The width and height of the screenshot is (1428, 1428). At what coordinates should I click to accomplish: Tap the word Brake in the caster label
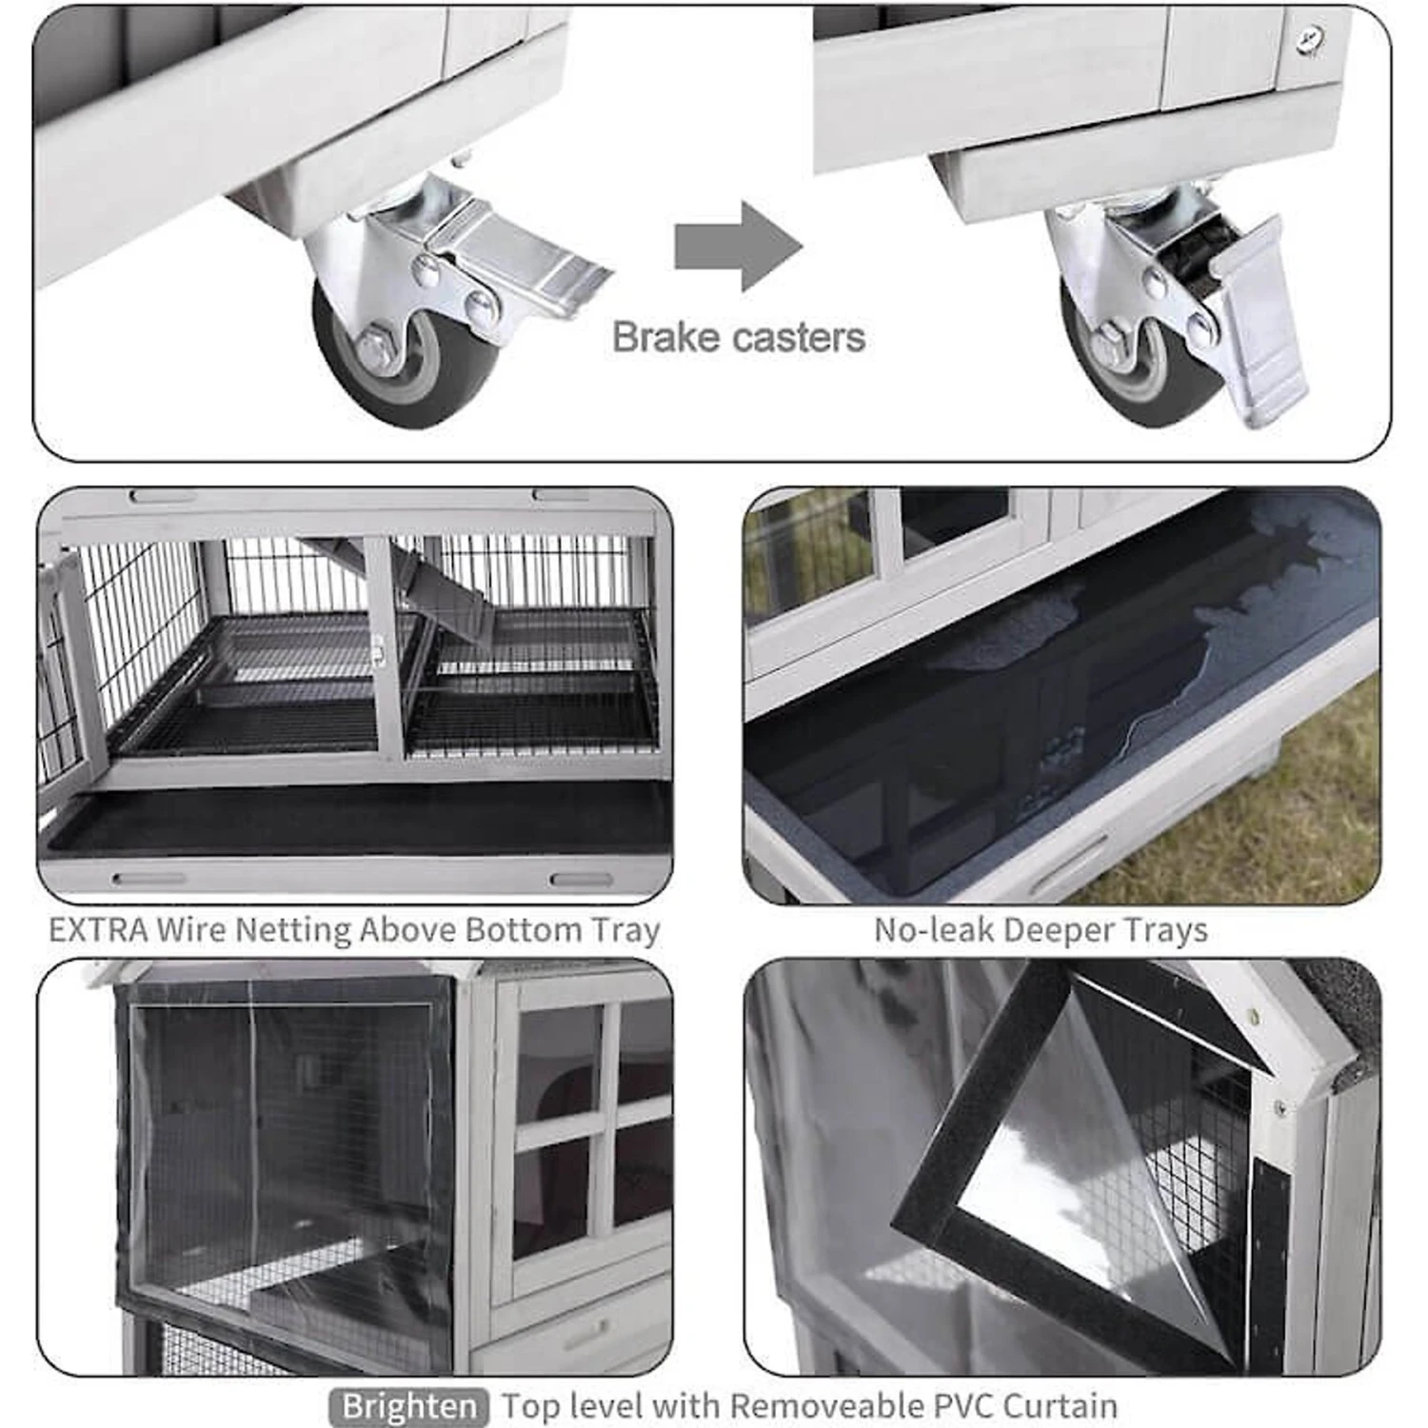pos(665,337)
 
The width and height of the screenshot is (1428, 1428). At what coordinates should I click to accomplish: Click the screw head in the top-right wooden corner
pos(1311,37)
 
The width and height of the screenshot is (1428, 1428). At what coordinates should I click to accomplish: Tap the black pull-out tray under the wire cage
pos(358,821)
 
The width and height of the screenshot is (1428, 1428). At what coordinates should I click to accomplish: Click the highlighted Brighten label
pos(409,1406)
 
